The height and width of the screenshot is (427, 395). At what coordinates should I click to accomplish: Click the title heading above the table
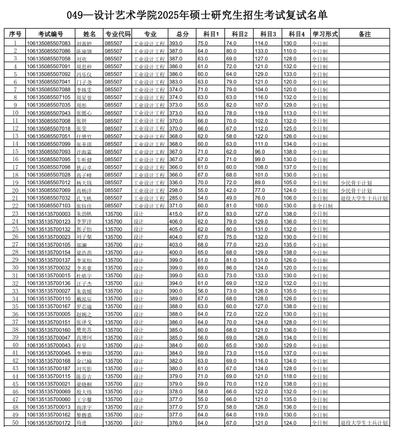[197, 15]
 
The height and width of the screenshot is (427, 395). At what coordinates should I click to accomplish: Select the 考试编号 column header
[49, 34]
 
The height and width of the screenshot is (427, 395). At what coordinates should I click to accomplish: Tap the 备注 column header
[364, 34]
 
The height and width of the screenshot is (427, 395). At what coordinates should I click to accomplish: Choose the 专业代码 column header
[118, 34]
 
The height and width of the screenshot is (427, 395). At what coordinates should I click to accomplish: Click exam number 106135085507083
[49, 43]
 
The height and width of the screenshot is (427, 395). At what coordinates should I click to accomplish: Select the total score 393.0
[176, 43]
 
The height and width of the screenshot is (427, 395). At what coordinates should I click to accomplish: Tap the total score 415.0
[176, 214]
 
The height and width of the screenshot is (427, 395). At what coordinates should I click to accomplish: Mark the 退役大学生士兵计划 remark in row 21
[364, 198]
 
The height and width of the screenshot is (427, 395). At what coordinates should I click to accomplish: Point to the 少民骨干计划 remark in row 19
[356, 183]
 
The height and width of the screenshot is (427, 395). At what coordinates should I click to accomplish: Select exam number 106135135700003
[49, 214]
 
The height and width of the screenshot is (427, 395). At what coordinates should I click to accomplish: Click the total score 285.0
[176, 198]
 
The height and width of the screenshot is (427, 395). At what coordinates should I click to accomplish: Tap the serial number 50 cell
[15, 423]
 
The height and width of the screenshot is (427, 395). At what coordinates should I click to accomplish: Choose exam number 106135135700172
[49, 423]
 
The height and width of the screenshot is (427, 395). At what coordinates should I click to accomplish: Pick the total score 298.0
[176, 190]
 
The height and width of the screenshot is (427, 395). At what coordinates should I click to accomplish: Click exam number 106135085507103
[49, 206]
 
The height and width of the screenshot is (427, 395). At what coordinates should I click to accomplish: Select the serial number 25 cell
[15, 229]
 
